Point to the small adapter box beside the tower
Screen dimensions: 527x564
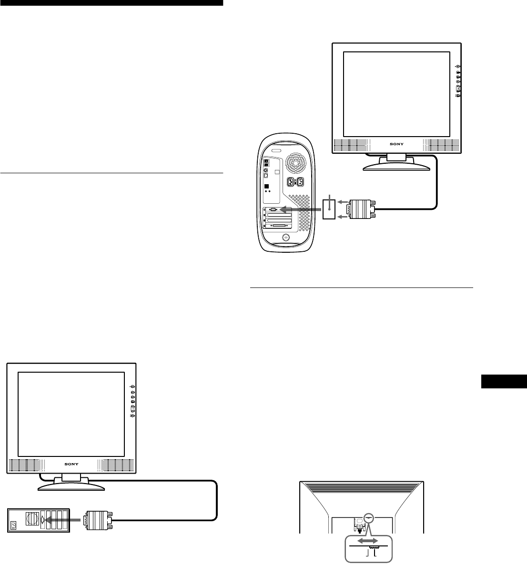329,209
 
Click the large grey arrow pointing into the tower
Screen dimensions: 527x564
300,209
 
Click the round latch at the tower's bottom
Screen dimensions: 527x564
285,237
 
